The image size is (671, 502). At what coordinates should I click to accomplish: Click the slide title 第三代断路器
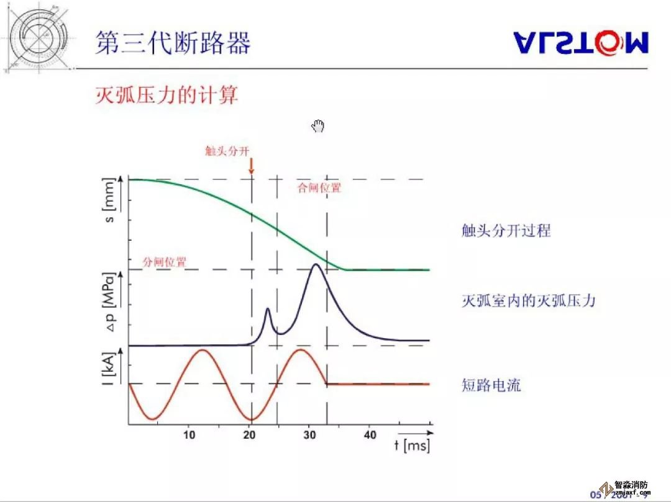click(x=173, y=43)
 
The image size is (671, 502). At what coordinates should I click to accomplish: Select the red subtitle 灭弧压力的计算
click(x=167, y=96)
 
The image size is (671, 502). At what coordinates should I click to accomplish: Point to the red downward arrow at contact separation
click(x=252, y=165)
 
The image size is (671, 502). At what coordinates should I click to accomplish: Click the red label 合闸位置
click(x=319, y=188)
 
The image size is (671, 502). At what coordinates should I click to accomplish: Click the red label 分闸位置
click(x=165, y=262)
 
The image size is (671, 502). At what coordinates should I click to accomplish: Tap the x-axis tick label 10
click(x=189, y=435)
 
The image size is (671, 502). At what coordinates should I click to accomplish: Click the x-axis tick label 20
click(x=250, y=435)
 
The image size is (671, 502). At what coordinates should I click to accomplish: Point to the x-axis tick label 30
click(x=310, y=435)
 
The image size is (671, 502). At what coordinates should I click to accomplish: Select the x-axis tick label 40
click(x=370, y=435)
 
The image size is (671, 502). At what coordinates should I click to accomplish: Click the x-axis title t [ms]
click(x=412, y=446)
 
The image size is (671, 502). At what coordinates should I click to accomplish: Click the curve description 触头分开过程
click(x=506, y=231)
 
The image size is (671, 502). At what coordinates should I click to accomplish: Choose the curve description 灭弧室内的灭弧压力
click(x=528, y=301)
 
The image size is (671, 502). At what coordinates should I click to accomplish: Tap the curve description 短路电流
click(x=491, y=385)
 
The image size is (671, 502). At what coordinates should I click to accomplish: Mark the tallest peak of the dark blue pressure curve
click(x=316, y=265)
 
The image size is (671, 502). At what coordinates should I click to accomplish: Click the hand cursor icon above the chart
click(x=318, y=127)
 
